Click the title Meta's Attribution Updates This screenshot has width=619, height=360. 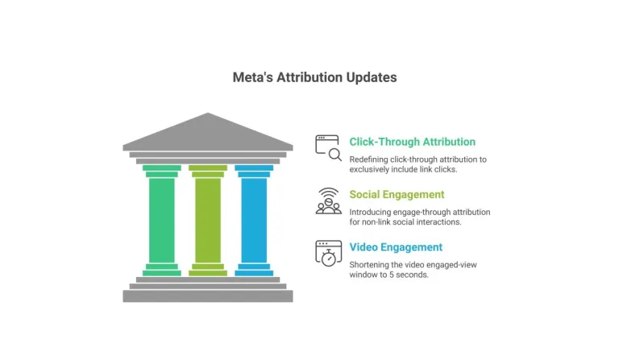(314, 77)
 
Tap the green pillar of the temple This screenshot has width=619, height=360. (162, 221)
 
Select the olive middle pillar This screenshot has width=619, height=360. (208, 221)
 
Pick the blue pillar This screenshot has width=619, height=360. (254, 221)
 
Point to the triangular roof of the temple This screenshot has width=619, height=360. (208, 132)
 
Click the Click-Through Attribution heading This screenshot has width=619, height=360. (412, 142)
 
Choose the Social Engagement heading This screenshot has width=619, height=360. (397, 194)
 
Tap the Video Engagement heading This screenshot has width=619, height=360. (396, 247)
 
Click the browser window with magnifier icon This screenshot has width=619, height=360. (329, 148)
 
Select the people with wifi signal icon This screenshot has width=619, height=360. (329, 201)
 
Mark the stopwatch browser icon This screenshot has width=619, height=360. (329, 254)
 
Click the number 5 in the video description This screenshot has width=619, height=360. (392, 275)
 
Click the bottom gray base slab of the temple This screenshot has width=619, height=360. (208, 296)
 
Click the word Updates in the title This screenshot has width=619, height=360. (372, 77)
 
